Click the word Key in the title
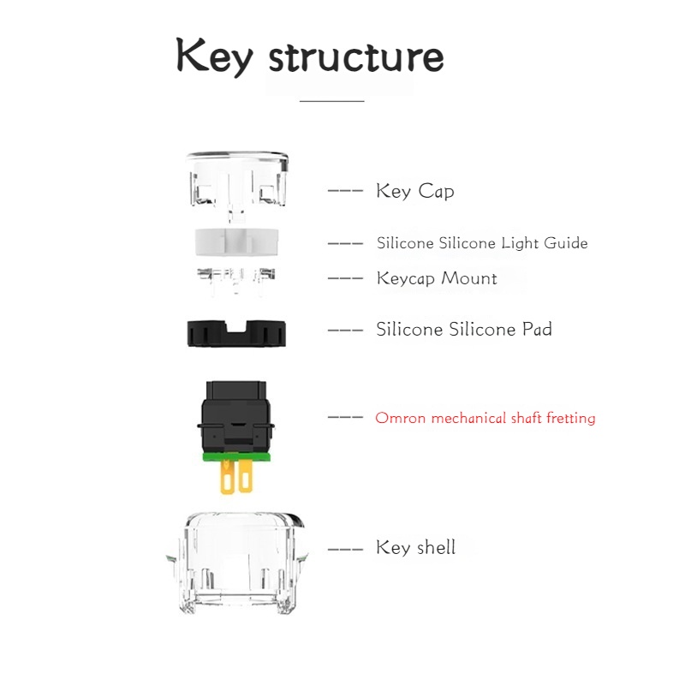(214, 56)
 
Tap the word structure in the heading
(356, 57)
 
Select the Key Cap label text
(415, 191)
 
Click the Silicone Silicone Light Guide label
(482, 243)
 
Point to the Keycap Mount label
(437, 279)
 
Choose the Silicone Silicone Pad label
(464, 330)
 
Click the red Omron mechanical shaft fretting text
(485, 418)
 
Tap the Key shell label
(416, 547)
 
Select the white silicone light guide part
(237, 241)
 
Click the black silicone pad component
(236, 333)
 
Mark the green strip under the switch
(236, 457)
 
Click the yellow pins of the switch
(237, 477)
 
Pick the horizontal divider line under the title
(332, 101)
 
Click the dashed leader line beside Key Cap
(345, 191)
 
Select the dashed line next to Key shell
(345, 549)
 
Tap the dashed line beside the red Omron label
(345, 417)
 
